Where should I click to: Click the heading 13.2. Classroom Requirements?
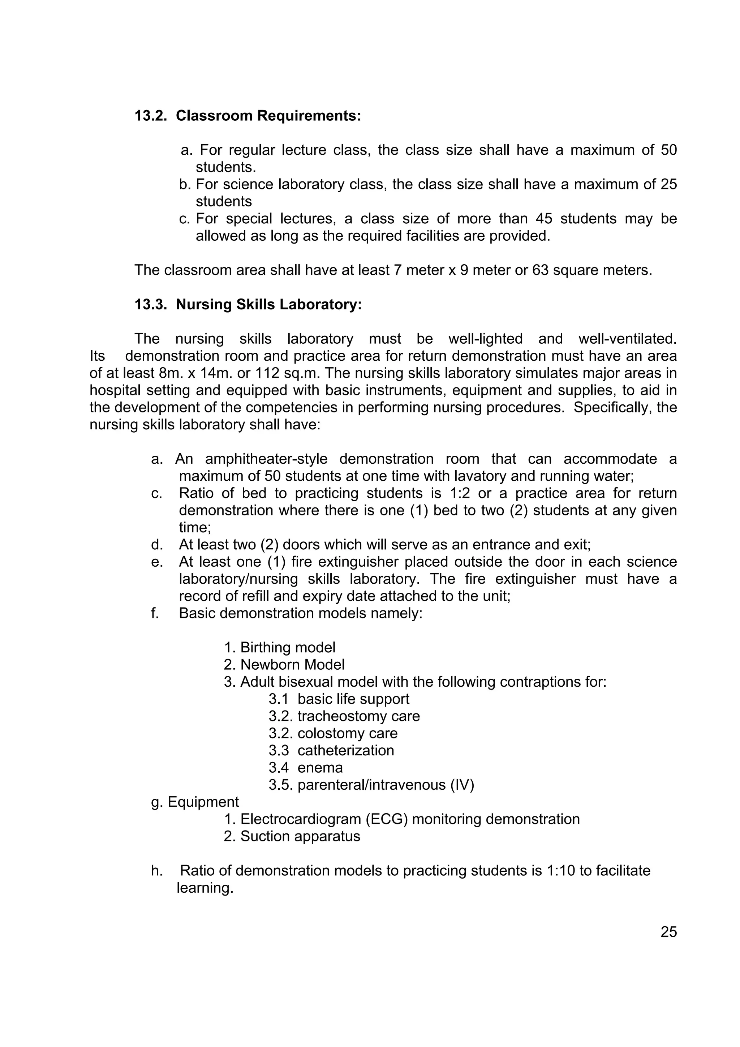tap(248, 116)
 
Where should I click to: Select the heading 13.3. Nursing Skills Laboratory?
tap(248, 304)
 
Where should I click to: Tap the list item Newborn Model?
tap(292, 664)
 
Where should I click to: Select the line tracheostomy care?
tap(358, 716)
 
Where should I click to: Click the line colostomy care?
tap(348, 733)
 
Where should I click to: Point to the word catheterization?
tap(345, 750)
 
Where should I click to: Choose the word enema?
tap(320, 768)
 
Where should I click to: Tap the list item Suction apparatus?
tap(300, 836)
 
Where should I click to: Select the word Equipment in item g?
tap(203, 802)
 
